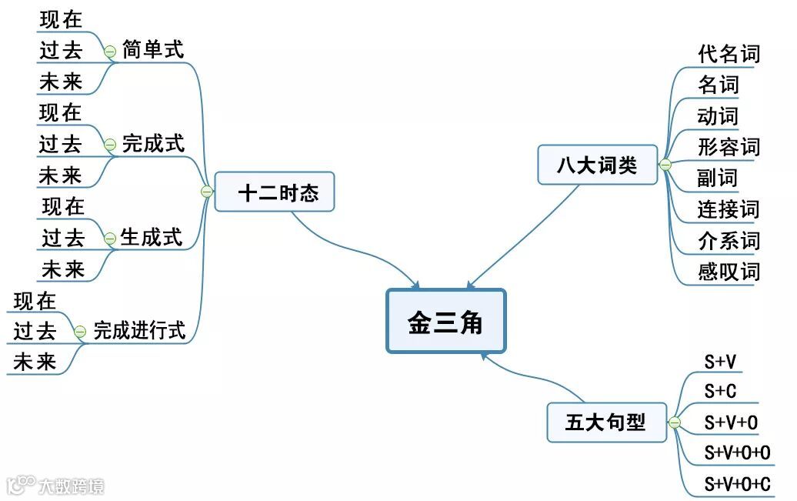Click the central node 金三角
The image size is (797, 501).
coord(445,322)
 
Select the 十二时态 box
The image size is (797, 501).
coord(275,192)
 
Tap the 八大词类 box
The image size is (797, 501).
coord(597,165)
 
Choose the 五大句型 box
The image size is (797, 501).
coord(606,422)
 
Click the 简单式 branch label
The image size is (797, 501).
coord(153,51)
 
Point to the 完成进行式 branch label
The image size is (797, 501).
coord(139,331)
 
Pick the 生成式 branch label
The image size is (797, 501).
coord(151,238)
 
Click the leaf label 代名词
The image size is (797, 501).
coord(729,54)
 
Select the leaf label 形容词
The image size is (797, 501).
coord(729,146)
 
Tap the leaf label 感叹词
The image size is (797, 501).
coord(729,271)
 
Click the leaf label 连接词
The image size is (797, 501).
coord(729,209)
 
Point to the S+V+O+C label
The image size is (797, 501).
coord(738,484)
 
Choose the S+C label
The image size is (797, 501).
coord(721,391)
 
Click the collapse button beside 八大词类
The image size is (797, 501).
coord(665,165)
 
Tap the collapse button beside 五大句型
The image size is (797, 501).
coord(675,423)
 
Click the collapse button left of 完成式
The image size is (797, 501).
coord(109,144)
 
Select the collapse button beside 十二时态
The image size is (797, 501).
coord(206,192)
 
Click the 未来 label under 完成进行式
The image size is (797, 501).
coord(35,362)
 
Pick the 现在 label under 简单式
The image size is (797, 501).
coord(61,19)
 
